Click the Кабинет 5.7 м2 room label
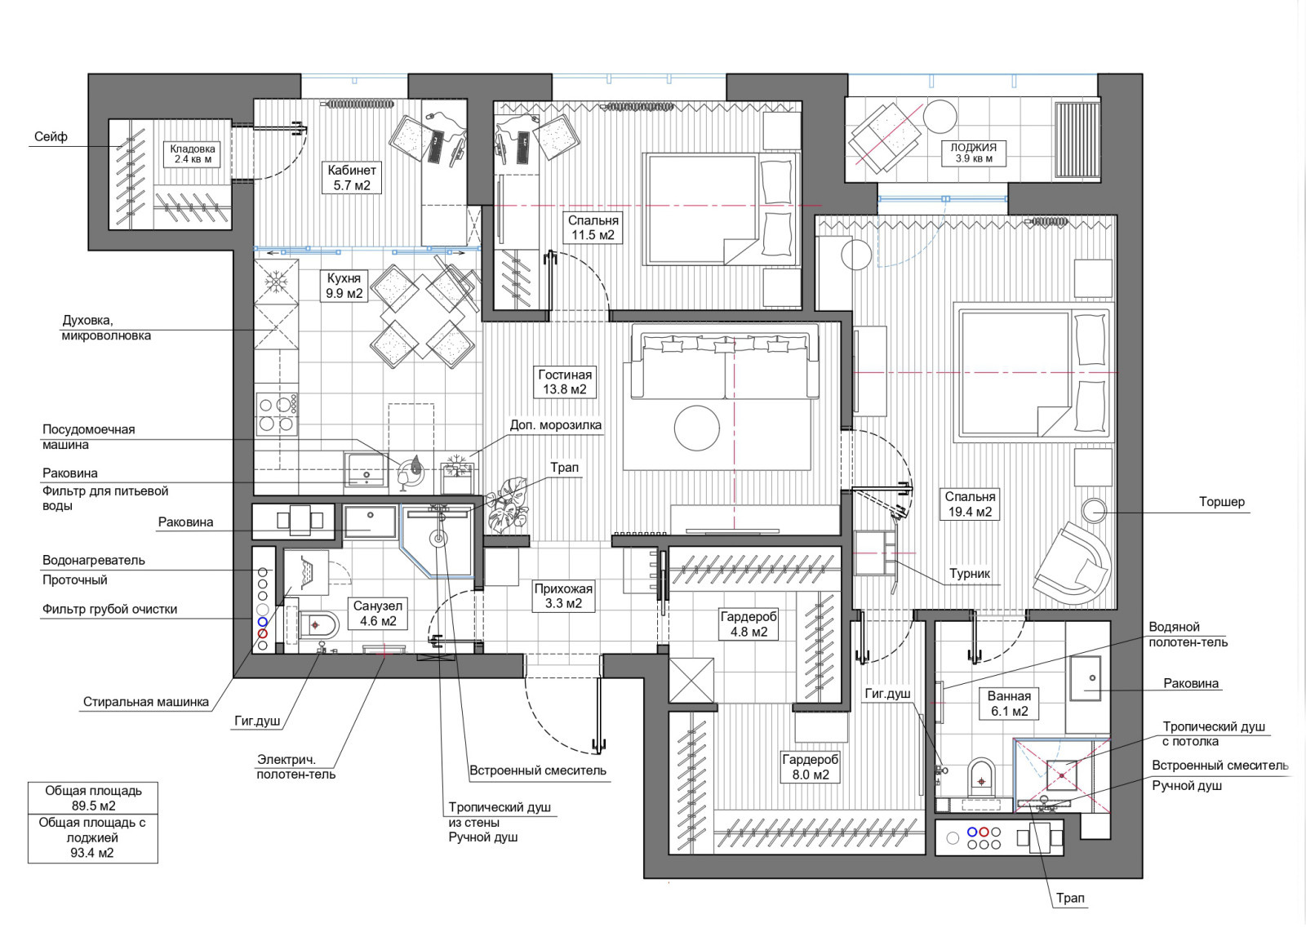point(352,178)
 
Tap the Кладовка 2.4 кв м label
point(193,154)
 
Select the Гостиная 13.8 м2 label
point(564,382)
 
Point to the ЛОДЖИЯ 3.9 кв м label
point(974,153)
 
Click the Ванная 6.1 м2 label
point(1009,704)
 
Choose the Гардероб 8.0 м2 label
point(811,767)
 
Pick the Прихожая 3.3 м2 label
point(563,597)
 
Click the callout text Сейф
point(51,137)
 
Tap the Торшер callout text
point(1221,502)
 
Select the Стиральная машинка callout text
point(146,702)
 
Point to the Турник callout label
point(970,574)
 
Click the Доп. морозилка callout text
point(556,425)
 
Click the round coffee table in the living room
point(697,428)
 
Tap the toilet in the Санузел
point(315,625)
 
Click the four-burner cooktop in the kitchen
point(277,414)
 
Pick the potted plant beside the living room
point(506,504)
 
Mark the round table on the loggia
point(940,116)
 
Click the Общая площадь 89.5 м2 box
point(93,798)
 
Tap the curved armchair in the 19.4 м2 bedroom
point(1072,564)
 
